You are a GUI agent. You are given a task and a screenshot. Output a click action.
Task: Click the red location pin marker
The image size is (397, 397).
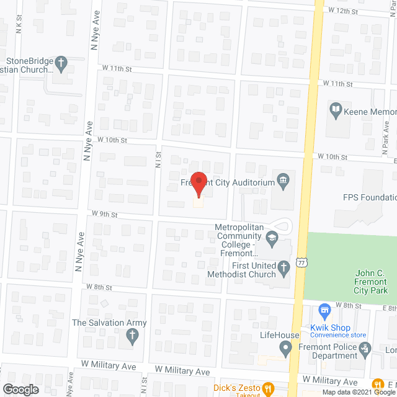198,184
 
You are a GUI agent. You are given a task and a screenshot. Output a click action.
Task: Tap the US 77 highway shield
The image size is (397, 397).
301,264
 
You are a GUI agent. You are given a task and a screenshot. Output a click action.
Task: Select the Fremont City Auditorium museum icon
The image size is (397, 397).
283,181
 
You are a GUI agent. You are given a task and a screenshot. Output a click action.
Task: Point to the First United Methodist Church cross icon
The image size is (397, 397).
283,268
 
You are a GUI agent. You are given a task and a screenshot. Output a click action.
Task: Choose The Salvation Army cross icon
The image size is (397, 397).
132,337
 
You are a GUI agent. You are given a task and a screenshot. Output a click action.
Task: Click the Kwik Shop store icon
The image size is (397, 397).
324,310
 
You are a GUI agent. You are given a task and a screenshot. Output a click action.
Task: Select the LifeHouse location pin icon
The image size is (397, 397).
286,350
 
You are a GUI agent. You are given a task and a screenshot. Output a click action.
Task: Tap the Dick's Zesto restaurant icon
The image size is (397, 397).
268,389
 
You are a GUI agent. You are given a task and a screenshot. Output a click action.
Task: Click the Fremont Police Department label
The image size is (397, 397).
335,351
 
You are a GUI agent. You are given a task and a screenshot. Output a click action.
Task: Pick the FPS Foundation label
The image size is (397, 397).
370,198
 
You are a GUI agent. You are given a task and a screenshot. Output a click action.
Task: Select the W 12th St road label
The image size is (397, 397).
344,11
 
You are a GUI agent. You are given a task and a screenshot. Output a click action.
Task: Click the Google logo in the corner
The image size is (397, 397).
20,389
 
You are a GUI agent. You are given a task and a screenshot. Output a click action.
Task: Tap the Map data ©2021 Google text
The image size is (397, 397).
355,392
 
